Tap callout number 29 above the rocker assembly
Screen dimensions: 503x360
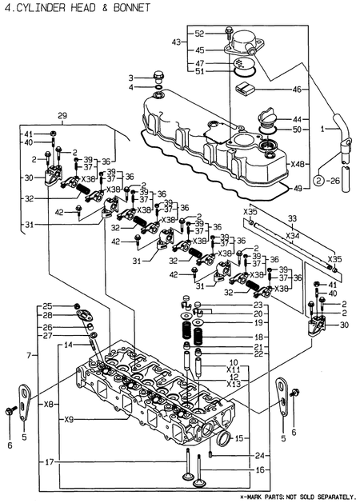pyautogui.click(x=62, y=116)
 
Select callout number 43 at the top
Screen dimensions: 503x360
pyautogui.click(x=177, y=41)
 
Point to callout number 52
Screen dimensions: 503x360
pyautogui.click(x=199, y=33)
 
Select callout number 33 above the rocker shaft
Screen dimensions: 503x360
pyautogui.click(x=292, y=218)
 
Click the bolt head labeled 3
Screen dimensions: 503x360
pyautogui.click(x=158, y=77)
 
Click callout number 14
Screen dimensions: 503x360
pyautogui.click(x=68, y=345)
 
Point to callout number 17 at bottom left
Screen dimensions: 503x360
pyautogui.click(x=50, y=461)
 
